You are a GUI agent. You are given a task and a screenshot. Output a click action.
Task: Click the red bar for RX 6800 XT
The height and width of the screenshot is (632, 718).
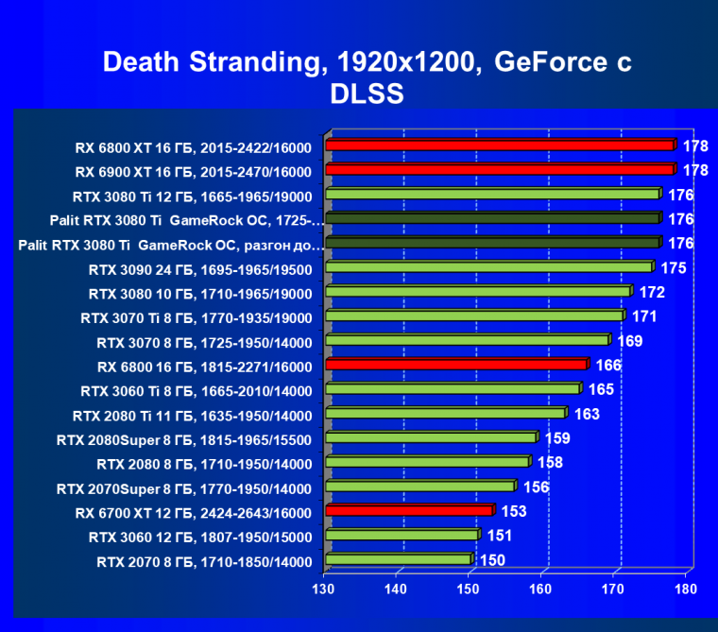click(500, 145)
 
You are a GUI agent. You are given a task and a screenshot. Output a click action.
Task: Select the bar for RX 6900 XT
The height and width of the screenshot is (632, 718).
click(500, 170)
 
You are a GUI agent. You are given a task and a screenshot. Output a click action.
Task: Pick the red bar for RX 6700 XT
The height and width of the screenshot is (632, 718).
click(408, 511)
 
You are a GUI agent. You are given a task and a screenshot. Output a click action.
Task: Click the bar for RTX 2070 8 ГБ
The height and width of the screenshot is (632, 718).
click(398, 560)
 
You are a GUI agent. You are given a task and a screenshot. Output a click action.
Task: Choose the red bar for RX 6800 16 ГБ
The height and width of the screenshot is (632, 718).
click(456, 365)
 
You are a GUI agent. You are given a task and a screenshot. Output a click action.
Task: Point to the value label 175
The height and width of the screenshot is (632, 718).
click(673, 268)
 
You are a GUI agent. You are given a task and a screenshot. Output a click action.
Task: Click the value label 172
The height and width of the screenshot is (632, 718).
click(653, 292)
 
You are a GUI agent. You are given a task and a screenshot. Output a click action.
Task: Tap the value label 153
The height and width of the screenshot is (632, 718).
click(514, 512)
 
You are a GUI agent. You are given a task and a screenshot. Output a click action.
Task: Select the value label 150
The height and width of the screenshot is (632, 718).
click(492, 560)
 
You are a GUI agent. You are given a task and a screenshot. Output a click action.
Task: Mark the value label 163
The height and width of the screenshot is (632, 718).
click(587, 414)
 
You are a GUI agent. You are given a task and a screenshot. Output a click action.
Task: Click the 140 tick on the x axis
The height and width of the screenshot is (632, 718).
click(396, 589)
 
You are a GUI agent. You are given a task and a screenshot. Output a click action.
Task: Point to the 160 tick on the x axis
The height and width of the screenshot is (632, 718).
click(540, 589)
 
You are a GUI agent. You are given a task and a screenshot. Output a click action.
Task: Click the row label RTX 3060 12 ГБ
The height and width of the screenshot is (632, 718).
click(200, 537)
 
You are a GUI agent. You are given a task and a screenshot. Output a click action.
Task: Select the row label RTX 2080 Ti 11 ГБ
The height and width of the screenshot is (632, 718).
click(192, 415)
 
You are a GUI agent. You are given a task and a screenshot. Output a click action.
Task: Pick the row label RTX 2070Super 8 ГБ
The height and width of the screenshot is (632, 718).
click(183, 488)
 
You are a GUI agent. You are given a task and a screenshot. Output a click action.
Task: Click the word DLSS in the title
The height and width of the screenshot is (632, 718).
click(368, 94)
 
